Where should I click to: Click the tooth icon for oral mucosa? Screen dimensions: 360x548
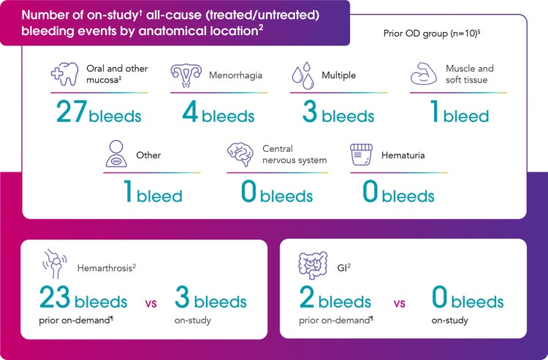coord(65,74)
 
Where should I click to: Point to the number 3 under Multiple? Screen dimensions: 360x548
coord(309,113)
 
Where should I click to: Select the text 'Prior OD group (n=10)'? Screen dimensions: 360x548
coord(429,34)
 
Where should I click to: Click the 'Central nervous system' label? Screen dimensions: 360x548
coord(294,154)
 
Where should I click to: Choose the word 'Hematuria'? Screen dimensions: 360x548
coord(403,155)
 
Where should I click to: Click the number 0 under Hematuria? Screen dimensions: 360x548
coord(370,194)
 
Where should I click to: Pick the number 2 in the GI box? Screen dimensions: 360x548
coord(308,299)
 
